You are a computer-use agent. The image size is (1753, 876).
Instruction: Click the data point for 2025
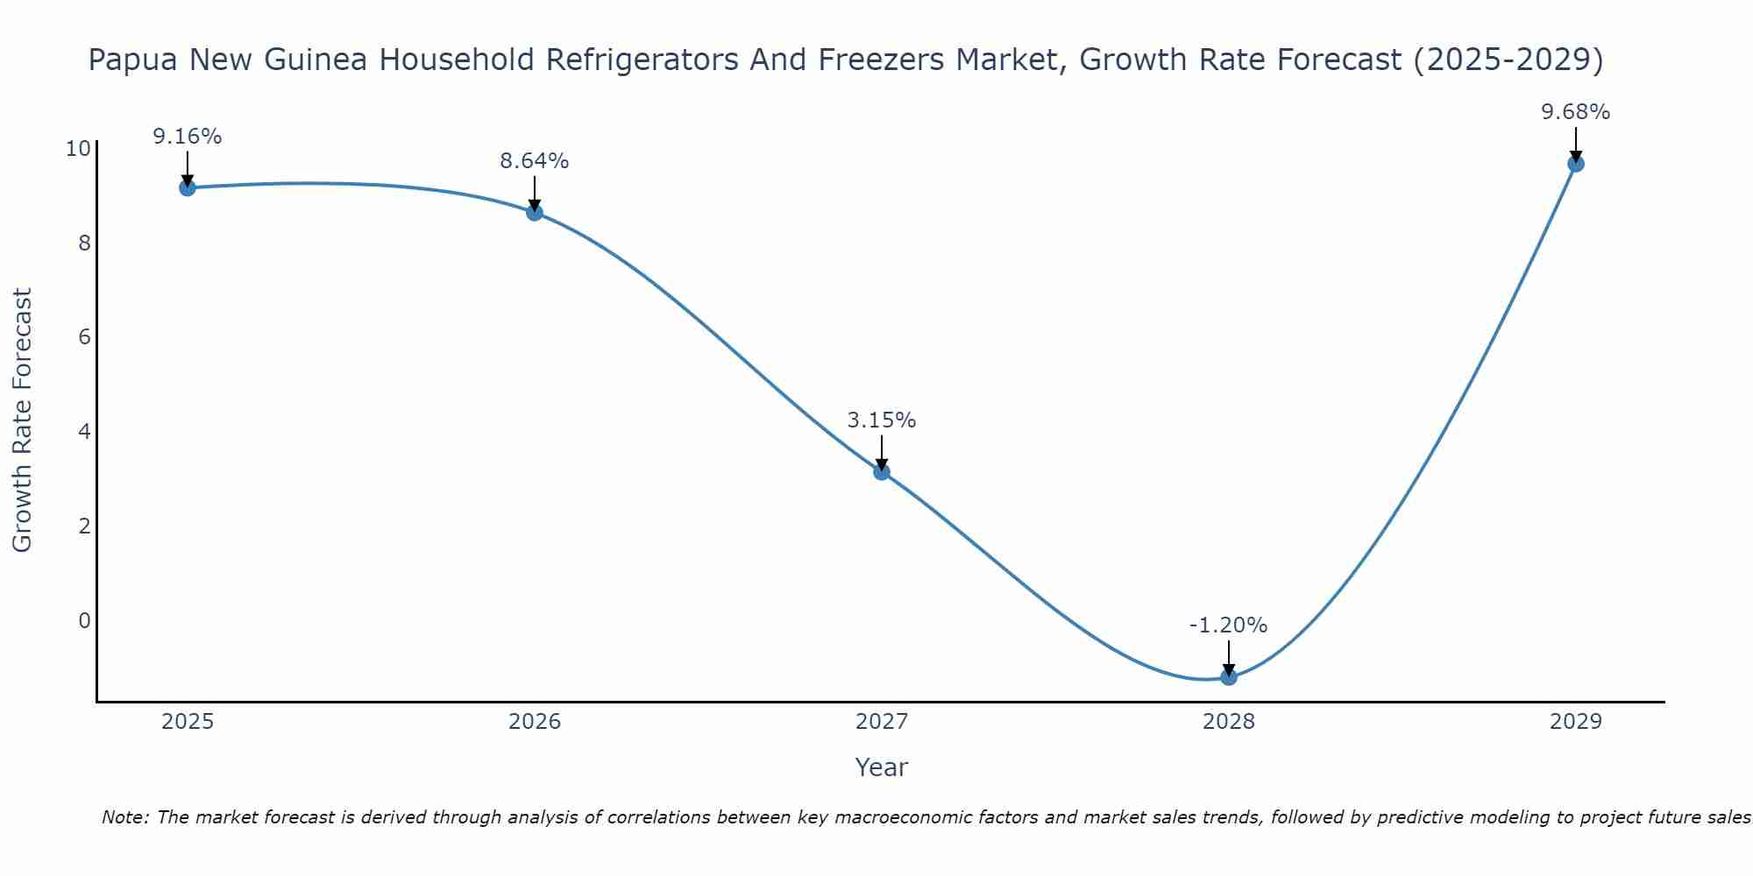click(187, 187)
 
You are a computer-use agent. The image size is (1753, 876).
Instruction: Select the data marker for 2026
click(535, 212)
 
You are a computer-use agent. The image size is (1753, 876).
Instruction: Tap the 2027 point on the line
click(882, 472)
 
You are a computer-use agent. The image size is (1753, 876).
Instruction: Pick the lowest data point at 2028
click(1229, 677)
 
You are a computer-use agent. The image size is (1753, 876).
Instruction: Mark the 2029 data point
click(1576, 164)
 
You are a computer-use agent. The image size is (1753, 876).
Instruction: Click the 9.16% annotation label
click(187, 137)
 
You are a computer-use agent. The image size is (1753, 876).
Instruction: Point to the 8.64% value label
click(535, 161)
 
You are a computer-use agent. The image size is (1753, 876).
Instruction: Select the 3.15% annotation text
click(882, 420)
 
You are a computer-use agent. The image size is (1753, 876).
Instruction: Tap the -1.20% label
click(1229, 625)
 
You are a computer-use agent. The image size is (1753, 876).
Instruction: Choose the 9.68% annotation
click(1576, 112)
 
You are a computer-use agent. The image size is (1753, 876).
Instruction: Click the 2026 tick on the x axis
click(535, 722)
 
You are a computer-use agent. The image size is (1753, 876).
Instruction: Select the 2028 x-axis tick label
click(1229, 722)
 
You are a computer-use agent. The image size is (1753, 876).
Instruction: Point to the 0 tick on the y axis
click(84, 621)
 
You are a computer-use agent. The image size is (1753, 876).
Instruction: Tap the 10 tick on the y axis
click(78, 149)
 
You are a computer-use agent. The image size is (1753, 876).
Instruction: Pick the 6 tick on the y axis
click(84, 337)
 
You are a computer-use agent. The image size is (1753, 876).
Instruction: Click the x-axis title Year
click(882, 767)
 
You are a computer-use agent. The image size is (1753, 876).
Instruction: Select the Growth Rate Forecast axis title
click(22, 420)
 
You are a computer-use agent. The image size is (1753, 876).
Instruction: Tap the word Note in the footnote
click(124, 818)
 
